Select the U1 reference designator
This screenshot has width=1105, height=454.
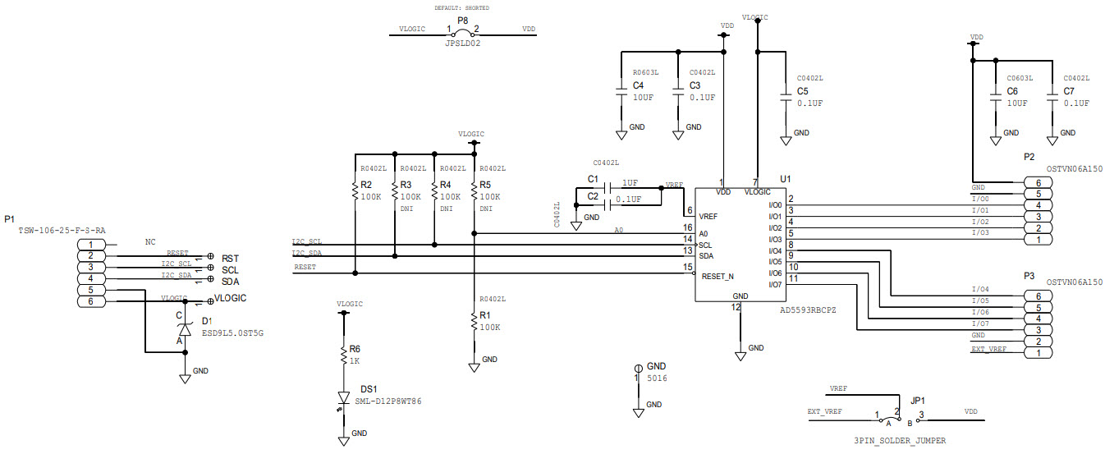[x=786, y=178]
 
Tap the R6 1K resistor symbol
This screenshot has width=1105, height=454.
[x=344, y=355]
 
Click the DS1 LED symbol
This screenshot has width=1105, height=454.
[x=344, y=399]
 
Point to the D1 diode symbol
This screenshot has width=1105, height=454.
[x=185, y=328]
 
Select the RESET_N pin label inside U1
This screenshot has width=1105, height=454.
[x=718, y=277]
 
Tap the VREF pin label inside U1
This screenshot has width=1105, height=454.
[x=708, y=217]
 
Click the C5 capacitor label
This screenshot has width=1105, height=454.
[x=802, y=91]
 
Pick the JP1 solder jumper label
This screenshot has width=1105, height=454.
[x=918, y=401]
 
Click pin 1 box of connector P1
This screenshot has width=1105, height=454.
[x=90, y=245]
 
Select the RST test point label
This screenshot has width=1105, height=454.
[x=230, y=258]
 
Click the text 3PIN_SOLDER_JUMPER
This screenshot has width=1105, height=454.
[x=899, y=441]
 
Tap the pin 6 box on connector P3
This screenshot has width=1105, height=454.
[x=1039, y=296]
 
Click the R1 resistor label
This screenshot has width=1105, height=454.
[x=484, y=314]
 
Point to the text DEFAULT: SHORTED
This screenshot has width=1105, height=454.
[x=462, y=7]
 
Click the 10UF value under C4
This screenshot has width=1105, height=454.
[x=643, y=97]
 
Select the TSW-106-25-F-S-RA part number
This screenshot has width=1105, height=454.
[x=62, y=231]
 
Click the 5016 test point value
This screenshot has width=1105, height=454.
[x=657, y=378]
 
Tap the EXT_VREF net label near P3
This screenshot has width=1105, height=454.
[x=988, y=349]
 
